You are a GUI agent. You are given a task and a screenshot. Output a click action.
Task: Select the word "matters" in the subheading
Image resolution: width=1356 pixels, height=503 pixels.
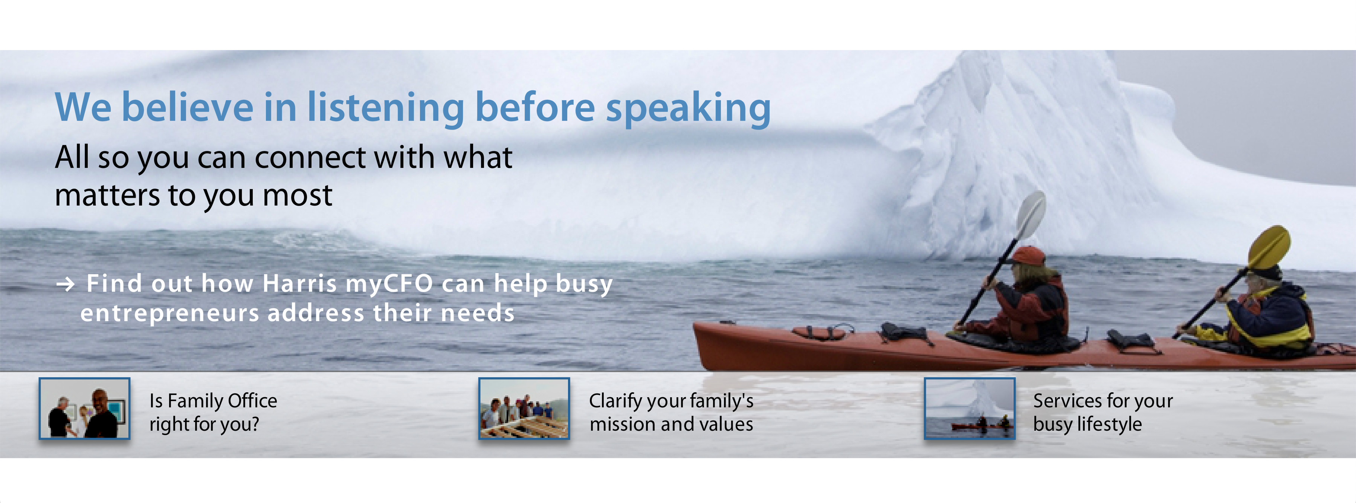107,196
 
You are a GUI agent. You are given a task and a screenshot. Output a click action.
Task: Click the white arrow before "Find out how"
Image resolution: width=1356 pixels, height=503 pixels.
66,285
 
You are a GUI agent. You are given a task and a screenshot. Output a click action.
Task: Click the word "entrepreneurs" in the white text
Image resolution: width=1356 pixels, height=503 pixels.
170,314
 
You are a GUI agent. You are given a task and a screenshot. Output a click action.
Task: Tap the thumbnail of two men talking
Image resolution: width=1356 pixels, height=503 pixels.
84,408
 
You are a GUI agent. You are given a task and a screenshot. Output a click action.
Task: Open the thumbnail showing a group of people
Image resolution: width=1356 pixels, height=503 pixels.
524,408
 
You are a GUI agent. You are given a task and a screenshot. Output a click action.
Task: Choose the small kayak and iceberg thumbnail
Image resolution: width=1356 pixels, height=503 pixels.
970,408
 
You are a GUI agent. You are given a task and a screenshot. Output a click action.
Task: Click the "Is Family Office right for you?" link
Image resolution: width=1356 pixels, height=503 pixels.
213,413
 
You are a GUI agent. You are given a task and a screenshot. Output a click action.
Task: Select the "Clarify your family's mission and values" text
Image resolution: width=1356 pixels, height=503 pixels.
671,413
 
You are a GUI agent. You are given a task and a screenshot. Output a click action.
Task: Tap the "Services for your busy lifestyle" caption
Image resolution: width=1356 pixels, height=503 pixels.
1103,413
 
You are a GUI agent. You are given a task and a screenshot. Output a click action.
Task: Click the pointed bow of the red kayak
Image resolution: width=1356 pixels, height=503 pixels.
696,326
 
